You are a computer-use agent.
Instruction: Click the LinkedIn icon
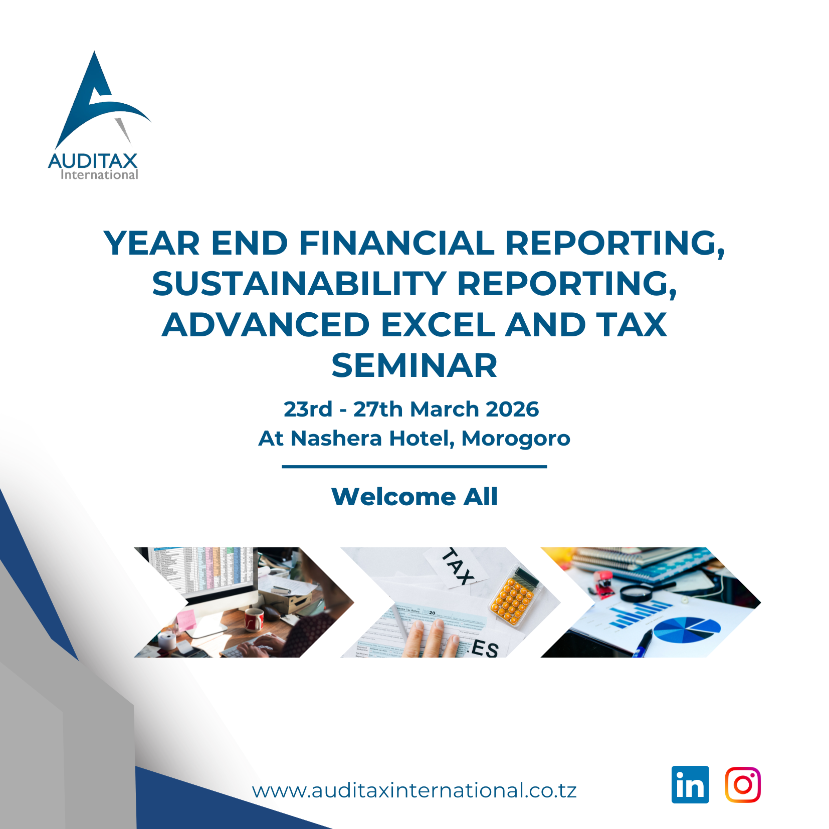tap(690, 784)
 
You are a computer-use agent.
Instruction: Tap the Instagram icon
tap(743, 784)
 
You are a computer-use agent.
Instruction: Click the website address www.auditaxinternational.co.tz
tap(414, 790)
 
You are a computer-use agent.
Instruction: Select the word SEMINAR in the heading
tap(414, 365)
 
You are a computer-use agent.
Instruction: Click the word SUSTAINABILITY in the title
tap(299, 284)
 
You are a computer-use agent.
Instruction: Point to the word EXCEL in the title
tap(438, 325)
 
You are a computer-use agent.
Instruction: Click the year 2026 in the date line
tap(512, 409)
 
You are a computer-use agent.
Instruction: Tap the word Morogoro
tap(515, 438)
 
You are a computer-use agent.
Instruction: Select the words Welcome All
tap(414, 497)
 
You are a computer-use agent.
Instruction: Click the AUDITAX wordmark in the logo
tap(93, 161)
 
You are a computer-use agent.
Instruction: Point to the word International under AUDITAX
tap(99, 175)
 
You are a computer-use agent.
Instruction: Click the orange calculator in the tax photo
tap(513, 595)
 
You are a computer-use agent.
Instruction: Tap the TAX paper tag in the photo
tap(457, 566)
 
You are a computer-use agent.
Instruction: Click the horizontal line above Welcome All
tap(414, 467)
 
